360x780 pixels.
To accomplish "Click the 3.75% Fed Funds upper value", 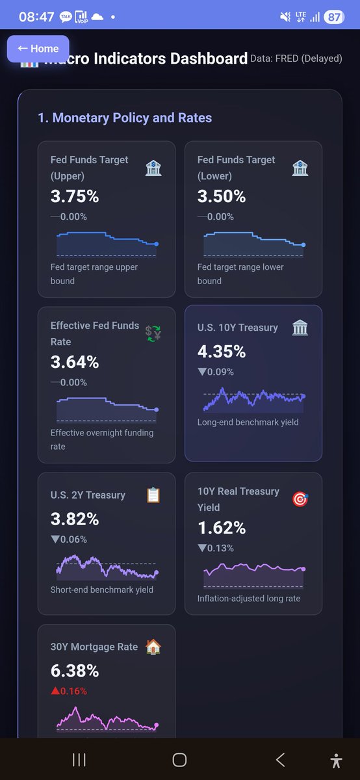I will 75,196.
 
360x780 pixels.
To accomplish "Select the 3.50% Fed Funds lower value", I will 222,196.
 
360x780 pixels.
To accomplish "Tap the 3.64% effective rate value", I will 75,362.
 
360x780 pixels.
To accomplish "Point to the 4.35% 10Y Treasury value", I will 222,352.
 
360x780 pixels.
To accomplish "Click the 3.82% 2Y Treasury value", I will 75,519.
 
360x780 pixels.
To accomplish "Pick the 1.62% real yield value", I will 222,528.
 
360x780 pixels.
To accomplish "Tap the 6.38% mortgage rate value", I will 75,671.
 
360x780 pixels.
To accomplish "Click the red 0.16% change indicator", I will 69,691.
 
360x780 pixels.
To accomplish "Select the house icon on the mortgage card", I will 153,647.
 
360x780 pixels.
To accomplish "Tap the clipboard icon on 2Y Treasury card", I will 153,495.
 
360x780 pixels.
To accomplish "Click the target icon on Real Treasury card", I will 300,499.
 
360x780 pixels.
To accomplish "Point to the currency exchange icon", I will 153,333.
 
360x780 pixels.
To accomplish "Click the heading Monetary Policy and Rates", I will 125,118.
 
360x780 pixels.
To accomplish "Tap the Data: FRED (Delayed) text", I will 296,58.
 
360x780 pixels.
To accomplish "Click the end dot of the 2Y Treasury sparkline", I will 156,573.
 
